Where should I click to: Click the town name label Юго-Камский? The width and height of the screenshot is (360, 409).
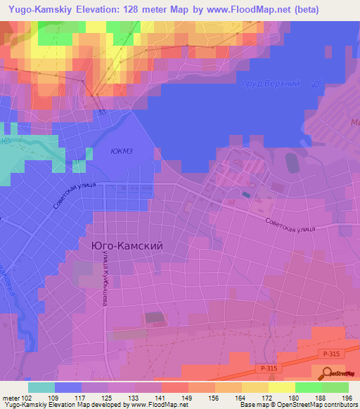[x=127, y=246]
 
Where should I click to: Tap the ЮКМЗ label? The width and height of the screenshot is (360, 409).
[x=124, y=150]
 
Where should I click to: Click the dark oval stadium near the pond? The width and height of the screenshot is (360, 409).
[x=292, y=164]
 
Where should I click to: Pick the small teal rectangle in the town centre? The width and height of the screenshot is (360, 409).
[x=245, y=195]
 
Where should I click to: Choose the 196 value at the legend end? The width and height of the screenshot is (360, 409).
[x=346, y=398]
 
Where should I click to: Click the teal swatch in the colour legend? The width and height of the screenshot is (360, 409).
[x=41, y=387]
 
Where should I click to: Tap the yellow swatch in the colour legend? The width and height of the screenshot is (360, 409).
[x=281, y=387]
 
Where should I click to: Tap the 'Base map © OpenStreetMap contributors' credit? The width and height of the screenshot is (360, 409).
[x=297, y=405]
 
